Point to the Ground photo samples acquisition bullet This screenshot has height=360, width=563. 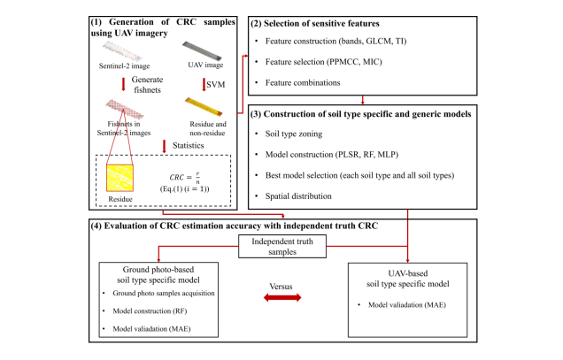(165, 293)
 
